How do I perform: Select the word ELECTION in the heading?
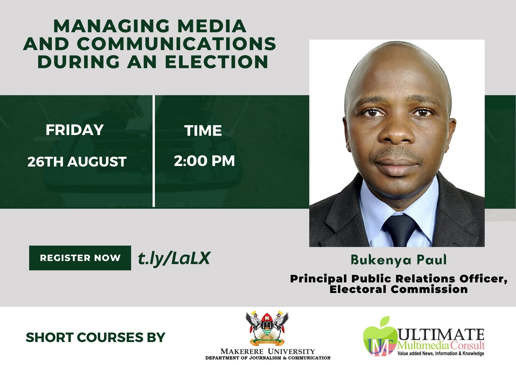216,62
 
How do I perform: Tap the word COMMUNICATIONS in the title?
176,44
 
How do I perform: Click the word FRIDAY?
75,130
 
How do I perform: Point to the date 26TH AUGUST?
77,162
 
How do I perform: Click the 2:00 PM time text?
204,161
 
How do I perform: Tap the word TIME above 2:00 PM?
203,131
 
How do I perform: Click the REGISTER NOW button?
80,258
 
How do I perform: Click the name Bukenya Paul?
399,260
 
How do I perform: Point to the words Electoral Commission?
399,289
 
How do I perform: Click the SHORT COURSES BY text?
95,338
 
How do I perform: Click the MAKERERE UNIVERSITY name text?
268,352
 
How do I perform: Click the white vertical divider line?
154,151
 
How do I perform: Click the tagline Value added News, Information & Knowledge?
441,353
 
